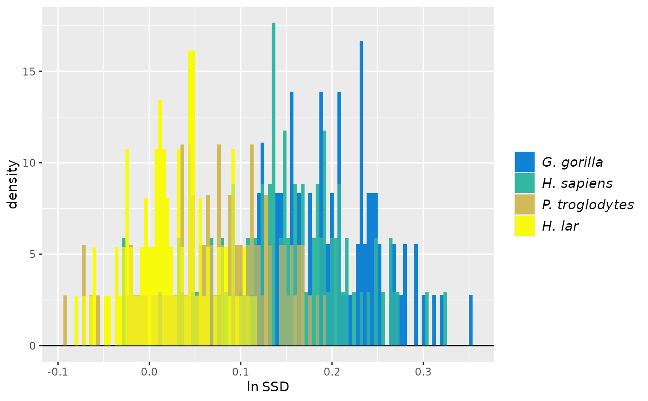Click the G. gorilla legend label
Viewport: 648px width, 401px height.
pos(572,162)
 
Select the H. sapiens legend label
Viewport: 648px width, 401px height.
pos(577,183)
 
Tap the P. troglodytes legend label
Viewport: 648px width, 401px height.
pos(587,205)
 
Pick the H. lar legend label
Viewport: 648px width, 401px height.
pos(560,226)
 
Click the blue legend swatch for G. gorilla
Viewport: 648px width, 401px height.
pos(524,162)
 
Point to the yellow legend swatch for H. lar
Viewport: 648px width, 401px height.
pos(524,226)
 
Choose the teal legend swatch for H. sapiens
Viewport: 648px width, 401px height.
pos(524,183)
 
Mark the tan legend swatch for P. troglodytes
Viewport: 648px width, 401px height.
pos(524,205)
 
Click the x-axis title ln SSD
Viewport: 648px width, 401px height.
pos(268,387)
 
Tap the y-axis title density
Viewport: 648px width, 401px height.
pos(13,184)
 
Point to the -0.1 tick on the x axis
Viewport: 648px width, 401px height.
pos(58,372)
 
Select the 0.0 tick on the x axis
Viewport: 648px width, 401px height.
pos(149,372)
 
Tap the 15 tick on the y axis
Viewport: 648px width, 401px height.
pos(33,72)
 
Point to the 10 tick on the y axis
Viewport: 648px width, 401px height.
pos(33,163)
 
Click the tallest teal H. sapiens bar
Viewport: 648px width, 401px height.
pos(274,139)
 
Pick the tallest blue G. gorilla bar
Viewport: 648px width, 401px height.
pos(361,139)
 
